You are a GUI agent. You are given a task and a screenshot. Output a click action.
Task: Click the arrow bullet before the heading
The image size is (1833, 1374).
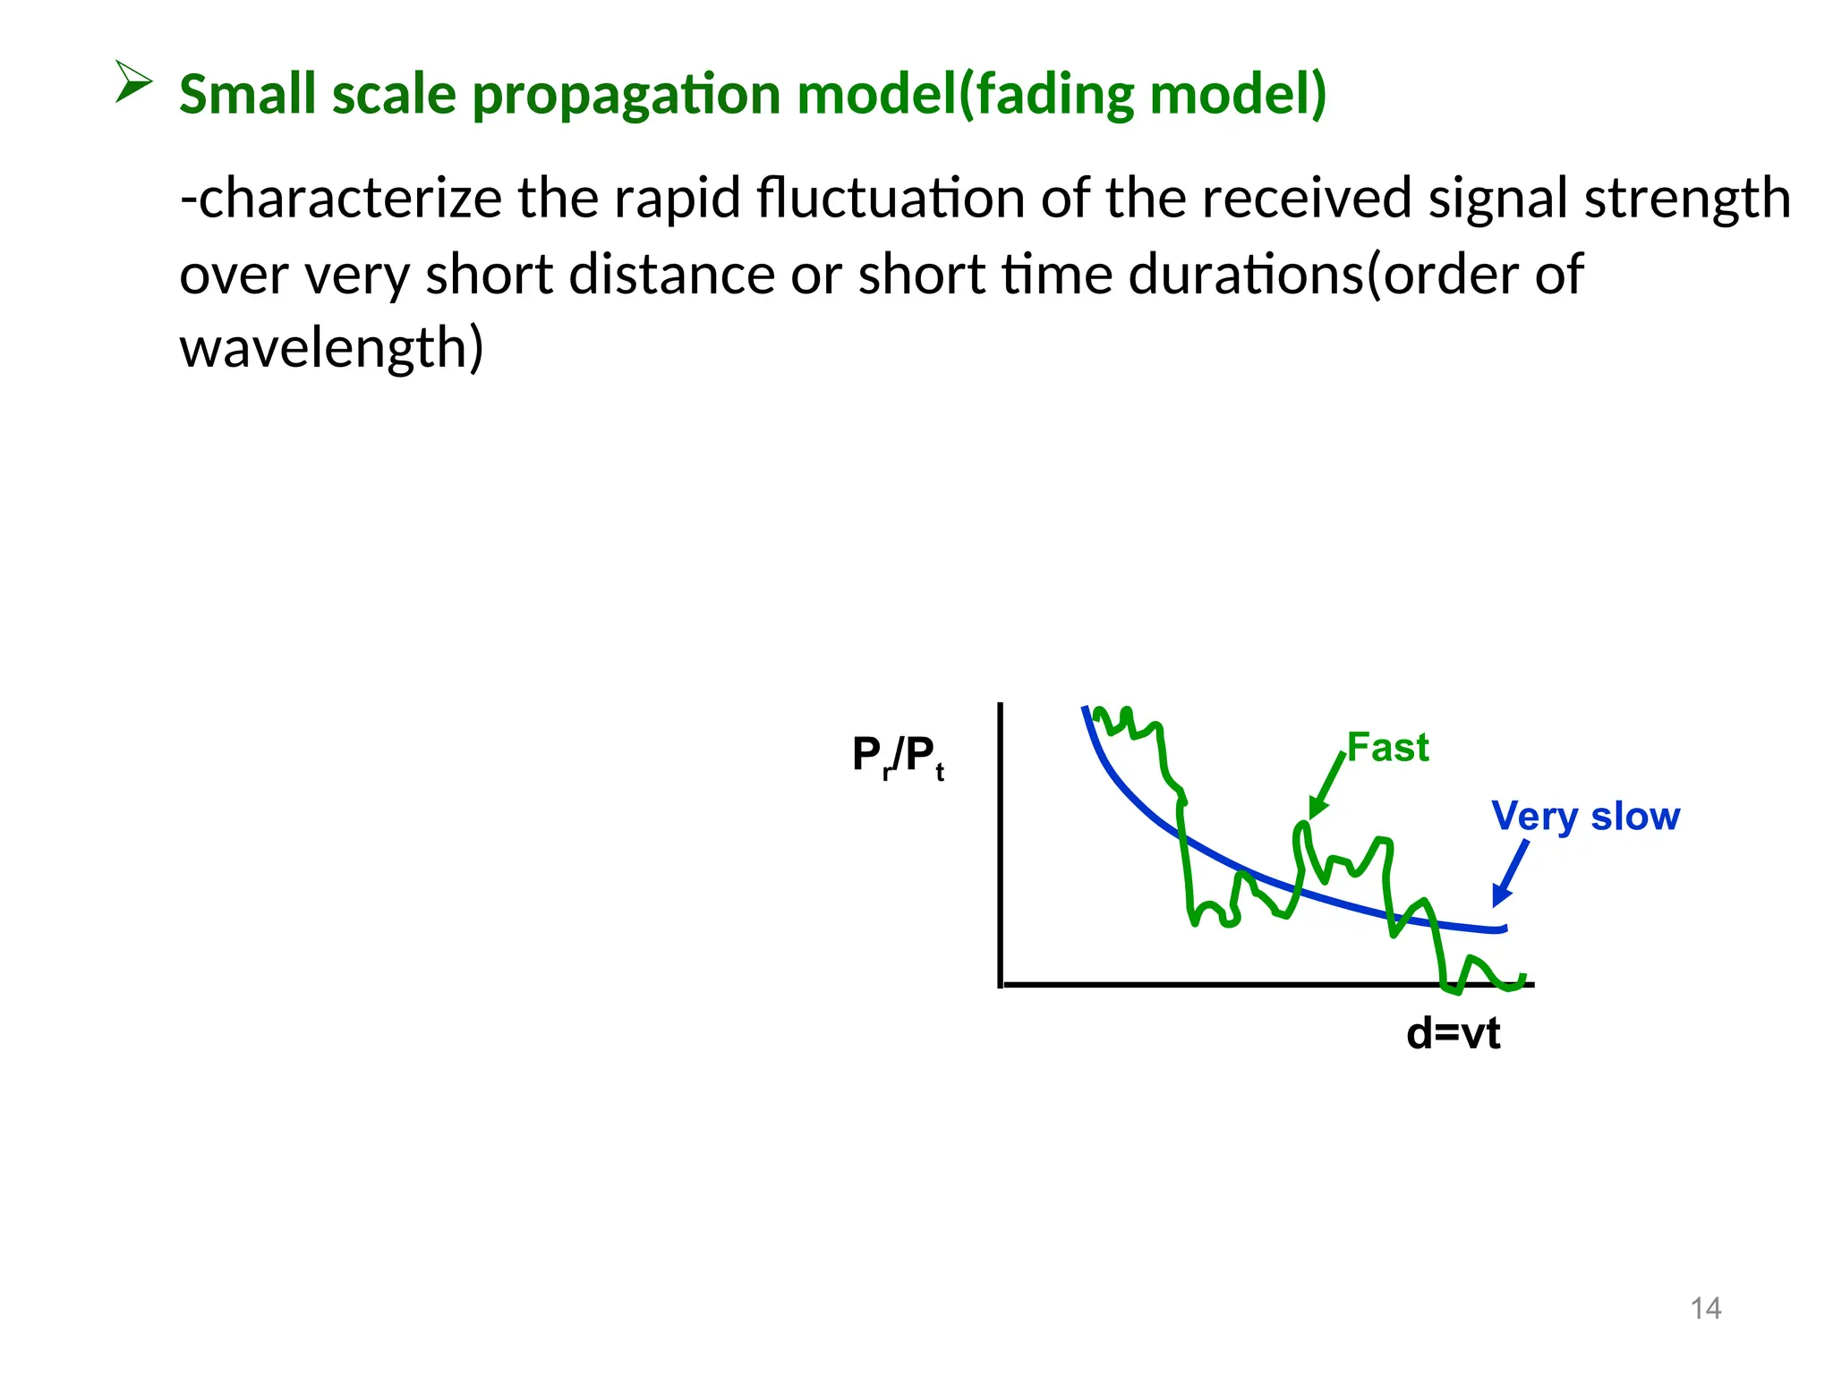click(x=133, y=81)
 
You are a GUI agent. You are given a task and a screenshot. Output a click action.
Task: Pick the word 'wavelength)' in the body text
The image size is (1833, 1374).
click(x=331, y=349)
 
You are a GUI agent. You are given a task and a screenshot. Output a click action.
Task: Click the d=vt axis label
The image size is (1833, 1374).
click(x=1453, y=1034)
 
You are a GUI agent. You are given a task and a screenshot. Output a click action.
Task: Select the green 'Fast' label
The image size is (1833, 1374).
click(x=1387, y=748)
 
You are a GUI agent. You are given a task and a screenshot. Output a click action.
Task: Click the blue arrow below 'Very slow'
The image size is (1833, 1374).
click(x=1510, y=872)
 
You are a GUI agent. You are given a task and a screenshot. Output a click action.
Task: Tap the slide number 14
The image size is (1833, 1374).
click(x=1705, y=1309)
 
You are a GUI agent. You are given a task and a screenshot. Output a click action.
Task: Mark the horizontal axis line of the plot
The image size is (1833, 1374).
click(x=1253, y=984)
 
